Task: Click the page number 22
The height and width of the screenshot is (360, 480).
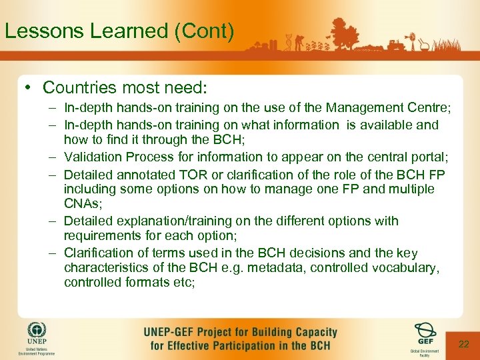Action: pos(464,344)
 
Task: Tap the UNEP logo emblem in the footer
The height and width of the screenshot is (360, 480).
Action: pos(37,331)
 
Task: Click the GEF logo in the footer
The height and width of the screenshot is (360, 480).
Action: pos(424,331)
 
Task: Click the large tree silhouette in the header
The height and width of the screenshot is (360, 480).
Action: pos(347,33)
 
